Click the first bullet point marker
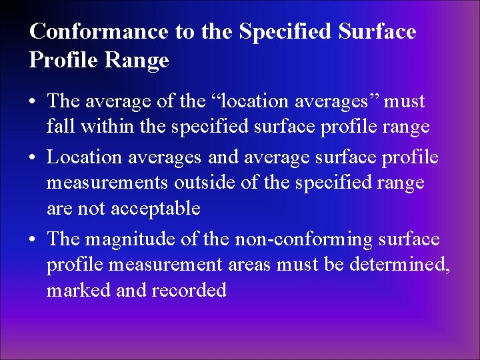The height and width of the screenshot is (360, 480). click(x=33, y=102)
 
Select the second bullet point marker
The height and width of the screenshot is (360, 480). click(x=33, y=158)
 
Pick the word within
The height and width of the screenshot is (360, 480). click(x=99, y=126)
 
